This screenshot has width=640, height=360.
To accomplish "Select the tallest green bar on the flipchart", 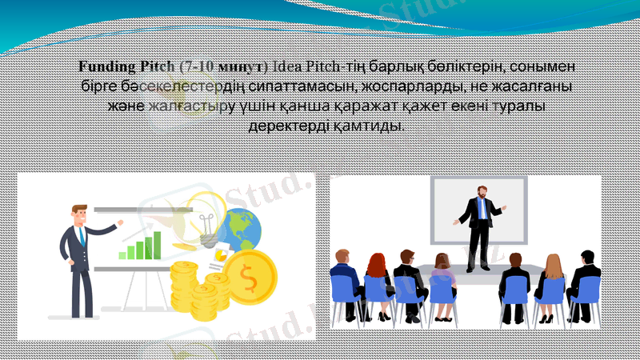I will pos(157,245).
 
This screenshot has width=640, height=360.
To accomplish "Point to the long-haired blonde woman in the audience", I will pos(553,276).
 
